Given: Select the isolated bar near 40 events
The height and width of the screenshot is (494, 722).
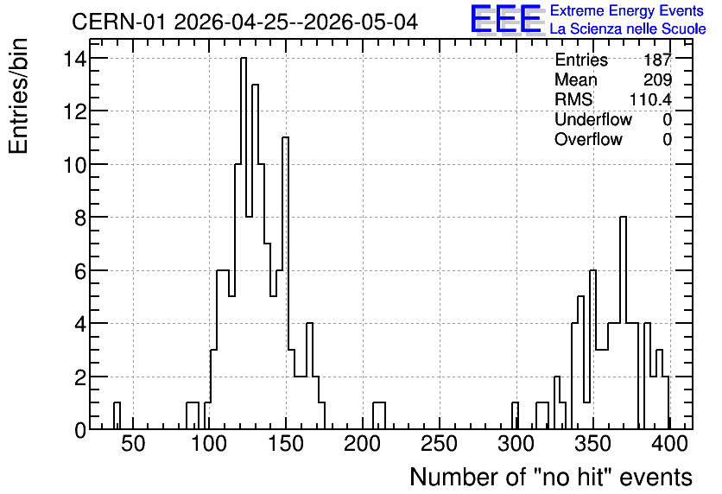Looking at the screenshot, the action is click(x=117, y=415).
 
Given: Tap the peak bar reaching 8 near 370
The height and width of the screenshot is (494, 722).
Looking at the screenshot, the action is click(x=623, y=323).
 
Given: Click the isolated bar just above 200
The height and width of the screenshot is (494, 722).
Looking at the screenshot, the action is click(x=379, y=415).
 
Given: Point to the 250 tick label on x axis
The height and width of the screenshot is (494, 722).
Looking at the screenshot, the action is click(x=439, y=444).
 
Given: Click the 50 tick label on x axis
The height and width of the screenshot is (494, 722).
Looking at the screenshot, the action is click(x=133, y=444).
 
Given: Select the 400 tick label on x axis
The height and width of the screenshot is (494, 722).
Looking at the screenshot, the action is click(x=669, y=444).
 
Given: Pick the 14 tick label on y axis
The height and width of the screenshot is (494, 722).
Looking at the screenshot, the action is click(x=75, y=59).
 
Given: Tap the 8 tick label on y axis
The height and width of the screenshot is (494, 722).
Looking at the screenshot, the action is click(x=81, y=218).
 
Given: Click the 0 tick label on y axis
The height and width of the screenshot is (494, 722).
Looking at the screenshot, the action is click(x=81, y=430).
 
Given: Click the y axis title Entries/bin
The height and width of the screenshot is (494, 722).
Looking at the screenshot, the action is click(x=18, y=97).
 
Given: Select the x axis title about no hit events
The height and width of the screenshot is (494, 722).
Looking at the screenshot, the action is click(x=551, y=477).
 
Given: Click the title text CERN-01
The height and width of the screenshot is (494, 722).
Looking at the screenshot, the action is click(x=117, y=22).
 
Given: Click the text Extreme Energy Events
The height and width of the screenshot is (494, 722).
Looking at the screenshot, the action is click(x=627, y=10).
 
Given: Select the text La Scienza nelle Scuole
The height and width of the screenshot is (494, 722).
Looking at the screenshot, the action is click(x=628, y=29).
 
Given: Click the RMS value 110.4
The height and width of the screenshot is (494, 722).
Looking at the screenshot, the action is click(x=650, y=99).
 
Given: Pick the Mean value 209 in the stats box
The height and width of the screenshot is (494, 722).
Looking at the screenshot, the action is click(x=657, y=79).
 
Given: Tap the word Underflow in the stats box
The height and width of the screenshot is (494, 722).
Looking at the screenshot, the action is click(x=593, y=119).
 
